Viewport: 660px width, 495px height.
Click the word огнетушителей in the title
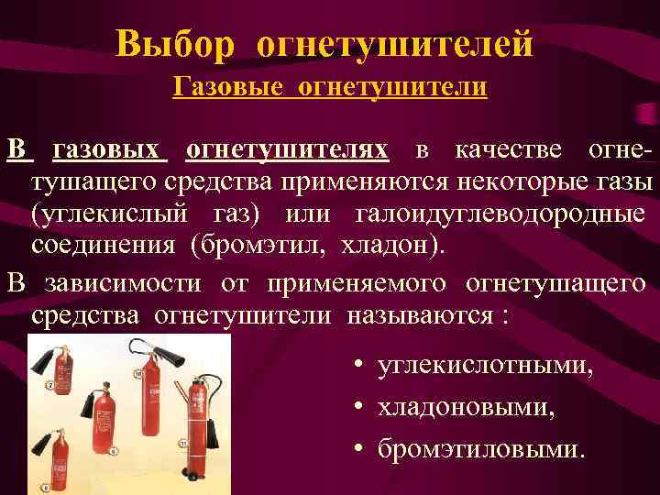pos(395,42)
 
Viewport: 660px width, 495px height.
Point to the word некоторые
pos(517,181)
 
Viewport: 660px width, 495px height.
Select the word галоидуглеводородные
pos(499,214)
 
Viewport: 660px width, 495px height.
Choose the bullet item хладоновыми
pos(463,407)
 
